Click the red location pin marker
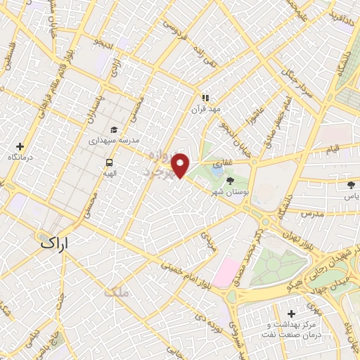click(181, 166)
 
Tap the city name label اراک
click(57, 244)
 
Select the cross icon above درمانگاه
click(20, 146)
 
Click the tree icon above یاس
click(351, 185)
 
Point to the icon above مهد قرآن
click(205, 98)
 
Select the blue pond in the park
click(217, 169)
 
